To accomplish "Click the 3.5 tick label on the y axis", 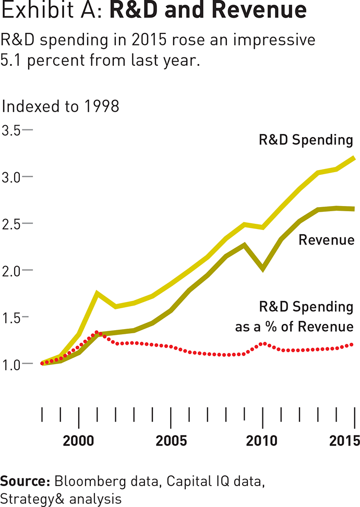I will pyautogui.click(x=11, y=130).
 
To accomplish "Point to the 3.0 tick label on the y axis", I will pyautogui.click(x=11, y=177).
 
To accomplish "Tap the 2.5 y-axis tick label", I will pyautogui.click(x=11, y=223).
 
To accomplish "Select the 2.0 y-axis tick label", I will pyautogui.click(x=11, y=270).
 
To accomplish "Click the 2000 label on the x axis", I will pyautogui.click(x=78, y=440).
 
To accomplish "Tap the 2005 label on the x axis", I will pyautogui.click(x=171, y=440).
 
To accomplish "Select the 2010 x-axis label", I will pyautogui.click(x=262, y=440).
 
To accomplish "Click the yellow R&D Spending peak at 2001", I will pyautogui.click(x=97, y=293).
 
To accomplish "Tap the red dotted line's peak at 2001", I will pyautogui.click(x=97, y=332).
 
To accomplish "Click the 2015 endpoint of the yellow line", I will pyautogui.click(x=354, y=158).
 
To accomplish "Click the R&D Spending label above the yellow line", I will pyautogui.click(x=306, y=140).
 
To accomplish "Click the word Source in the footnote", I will pyautogui.click(x=25, y=481).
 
